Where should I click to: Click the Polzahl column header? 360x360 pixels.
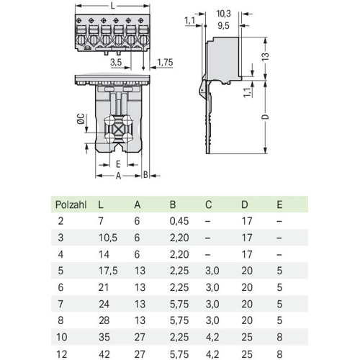point(71,204)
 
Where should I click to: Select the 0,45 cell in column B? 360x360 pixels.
point(179,221)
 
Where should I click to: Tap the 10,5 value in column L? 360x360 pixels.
point(108,238)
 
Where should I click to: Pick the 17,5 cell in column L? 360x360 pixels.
point(108,271)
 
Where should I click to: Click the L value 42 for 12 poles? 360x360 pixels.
point(104,354)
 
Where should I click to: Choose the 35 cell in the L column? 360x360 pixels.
point(104,337)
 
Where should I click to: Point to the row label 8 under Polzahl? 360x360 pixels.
point(60,320)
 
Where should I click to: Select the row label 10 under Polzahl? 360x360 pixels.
point(62,337)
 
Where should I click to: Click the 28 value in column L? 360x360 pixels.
point(104,320)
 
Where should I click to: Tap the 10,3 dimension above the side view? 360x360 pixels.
point(224,14)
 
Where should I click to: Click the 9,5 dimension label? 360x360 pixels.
point(224,25)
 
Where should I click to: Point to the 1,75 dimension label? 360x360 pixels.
point(165,63)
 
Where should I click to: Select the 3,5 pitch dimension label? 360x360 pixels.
point(116,63)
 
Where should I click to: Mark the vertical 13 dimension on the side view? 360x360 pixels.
point(265,57)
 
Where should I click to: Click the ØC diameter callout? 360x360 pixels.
point(81,119)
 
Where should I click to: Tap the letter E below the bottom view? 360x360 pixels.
point(118,164)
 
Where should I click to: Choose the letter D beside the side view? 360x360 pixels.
point(265,117)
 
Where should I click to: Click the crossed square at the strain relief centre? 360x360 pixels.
point(118,130)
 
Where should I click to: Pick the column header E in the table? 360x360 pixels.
point(279,204)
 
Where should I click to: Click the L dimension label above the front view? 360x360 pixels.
point(112,6)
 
